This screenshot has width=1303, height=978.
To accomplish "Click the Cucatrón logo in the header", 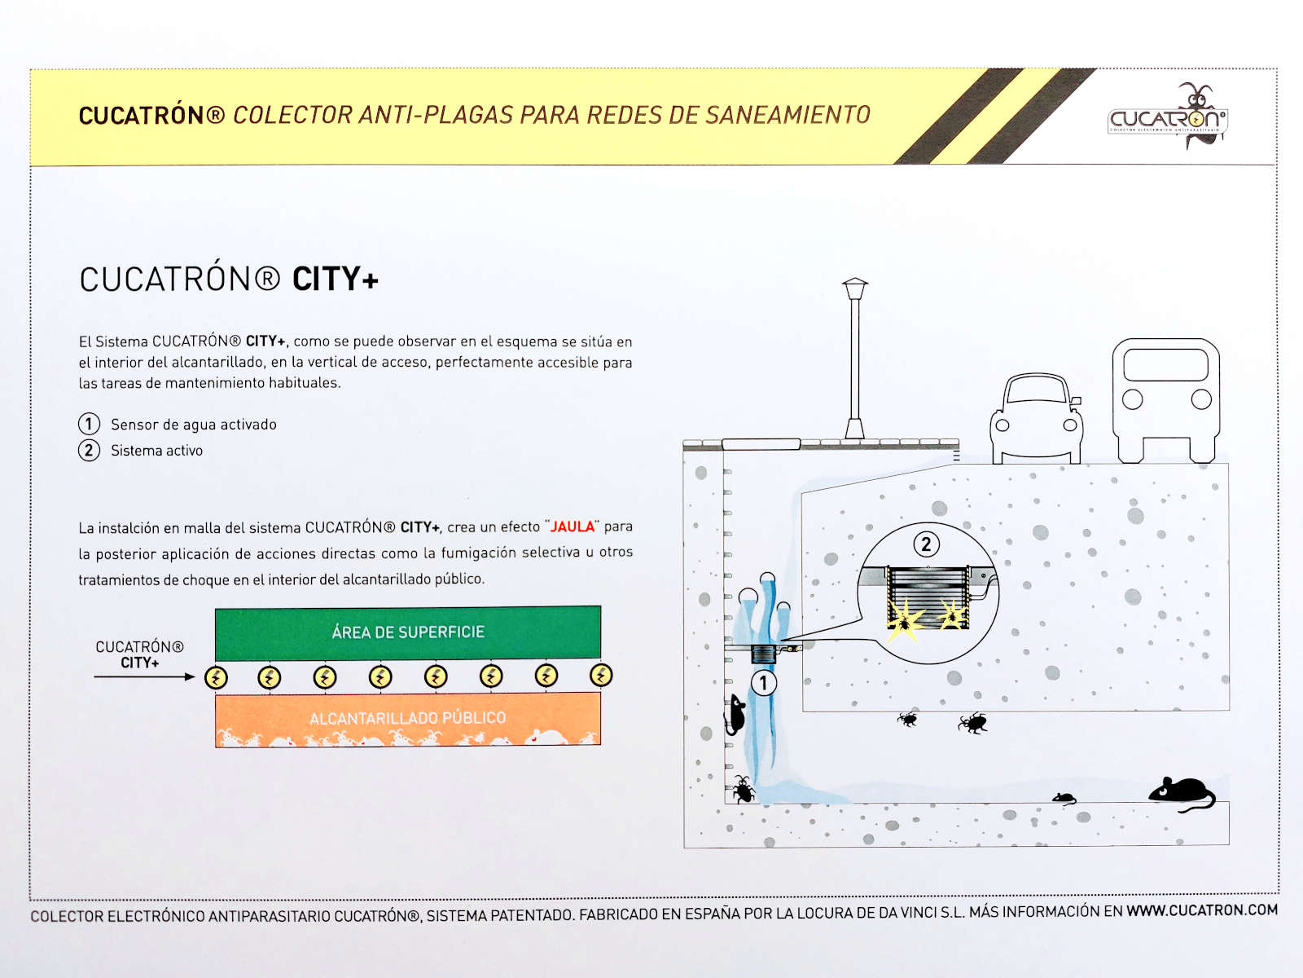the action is tap(1167, 116).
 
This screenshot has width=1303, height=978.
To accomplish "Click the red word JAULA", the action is tap(573, 526).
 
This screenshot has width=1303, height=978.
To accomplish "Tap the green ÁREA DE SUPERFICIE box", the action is tap(408, 632).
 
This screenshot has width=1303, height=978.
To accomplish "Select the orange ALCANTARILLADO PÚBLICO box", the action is tap(408, 720).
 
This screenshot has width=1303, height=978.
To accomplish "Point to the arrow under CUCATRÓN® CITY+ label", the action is tap(144, 677).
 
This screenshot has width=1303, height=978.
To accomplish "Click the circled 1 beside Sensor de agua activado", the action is tap(89, 424).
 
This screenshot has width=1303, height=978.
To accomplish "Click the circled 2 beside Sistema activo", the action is tap(89, 450).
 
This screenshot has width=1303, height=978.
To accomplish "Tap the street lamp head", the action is tap(855, 289).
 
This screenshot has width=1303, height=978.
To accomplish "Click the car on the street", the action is tap(1036, 418).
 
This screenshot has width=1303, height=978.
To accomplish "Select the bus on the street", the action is tap(1166, 401).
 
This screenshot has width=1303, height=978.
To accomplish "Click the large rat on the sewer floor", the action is tap(1182, 793).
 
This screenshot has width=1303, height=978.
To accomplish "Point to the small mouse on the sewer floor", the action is tap(1064, 798).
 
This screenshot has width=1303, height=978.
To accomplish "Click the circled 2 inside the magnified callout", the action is tap(926, 544).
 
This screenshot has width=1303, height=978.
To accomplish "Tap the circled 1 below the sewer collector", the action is tap(763, 683).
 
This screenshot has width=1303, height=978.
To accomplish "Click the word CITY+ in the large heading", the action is tap(336, 279).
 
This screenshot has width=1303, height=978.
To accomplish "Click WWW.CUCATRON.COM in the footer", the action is tap(1202, 910).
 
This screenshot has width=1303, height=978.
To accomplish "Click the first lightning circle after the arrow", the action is tap(216, 677).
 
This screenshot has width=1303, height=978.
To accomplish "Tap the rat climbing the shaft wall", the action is tap(735, 715).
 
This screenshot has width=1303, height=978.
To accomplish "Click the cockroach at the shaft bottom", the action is tap(744, 790).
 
